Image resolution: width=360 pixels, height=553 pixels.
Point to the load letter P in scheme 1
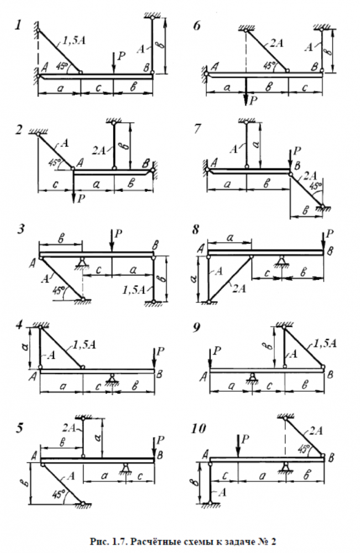[x=122, y=55]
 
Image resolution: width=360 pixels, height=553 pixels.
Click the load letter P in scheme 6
[x=253, y=100]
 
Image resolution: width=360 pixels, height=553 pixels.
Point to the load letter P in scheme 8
[x=331, y=233]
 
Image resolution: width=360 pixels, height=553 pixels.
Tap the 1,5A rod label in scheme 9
[x=324, y=344]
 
